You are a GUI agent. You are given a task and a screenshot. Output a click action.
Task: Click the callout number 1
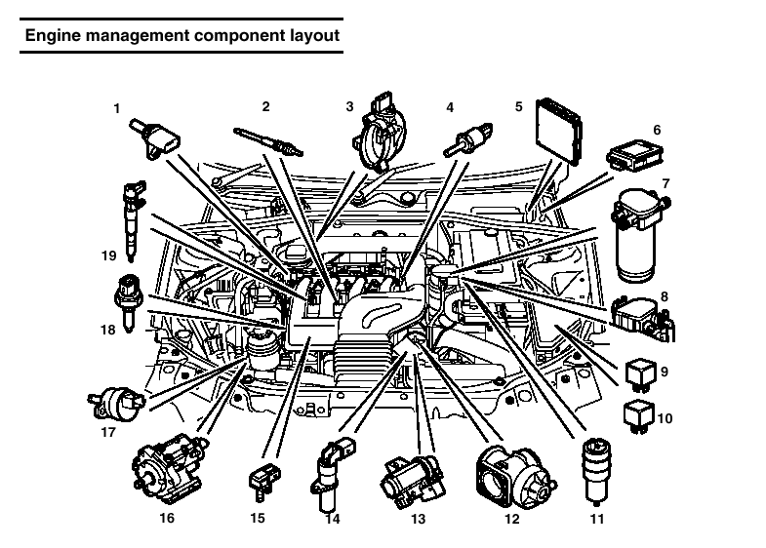point(116,109)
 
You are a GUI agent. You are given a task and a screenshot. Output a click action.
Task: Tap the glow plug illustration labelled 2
point(268,141)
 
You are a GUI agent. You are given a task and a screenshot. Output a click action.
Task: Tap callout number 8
point(665,296)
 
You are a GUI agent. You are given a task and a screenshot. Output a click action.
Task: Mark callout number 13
point(419,520)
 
